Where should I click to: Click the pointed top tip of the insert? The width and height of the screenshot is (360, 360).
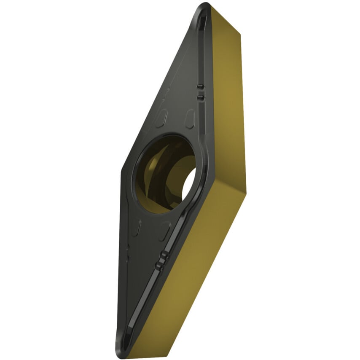[x=204, y=6]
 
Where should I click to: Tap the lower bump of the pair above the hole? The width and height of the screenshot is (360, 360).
[x=199, y=98]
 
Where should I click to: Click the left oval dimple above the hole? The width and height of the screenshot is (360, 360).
[x=161, y=119]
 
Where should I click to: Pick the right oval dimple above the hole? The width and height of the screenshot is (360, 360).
[x=190, y=118]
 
